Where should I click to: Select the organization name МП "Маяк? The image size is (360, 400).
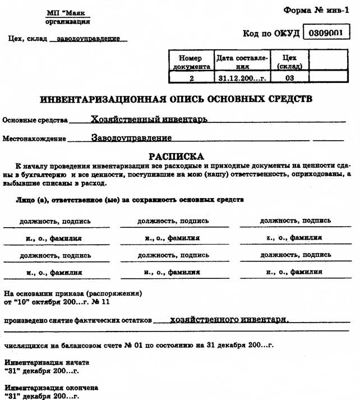tap(67, 12)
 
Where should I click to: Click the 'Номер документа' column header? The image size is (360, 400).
tap(191, 62)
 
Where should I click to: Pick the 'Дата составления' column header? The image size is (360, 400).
tap(242, 62)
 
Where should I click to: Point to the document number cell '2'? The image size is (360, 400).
tap(191, 78)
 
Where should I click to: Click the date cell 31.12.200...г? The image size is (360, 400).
tap(242, 78)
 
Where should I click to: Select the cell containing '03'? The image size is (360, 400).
tap(289, 78)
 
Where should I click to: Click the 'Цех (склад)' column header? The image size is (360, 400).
tap(289, 62)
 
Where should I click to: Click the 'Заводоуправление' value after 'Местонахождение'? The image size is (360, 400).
tap(131, 137)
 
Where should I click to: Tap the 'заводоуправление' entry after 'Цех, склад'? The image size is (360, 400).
tap(89, 39)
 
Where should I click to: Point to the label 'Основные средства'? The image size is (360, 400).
tap(35, 121)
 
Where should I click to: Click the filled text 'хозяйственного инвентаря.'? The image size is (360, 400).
tap(229, 320)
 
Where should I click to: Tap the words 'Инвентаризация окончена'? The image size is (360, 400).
tap(52, 387)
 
